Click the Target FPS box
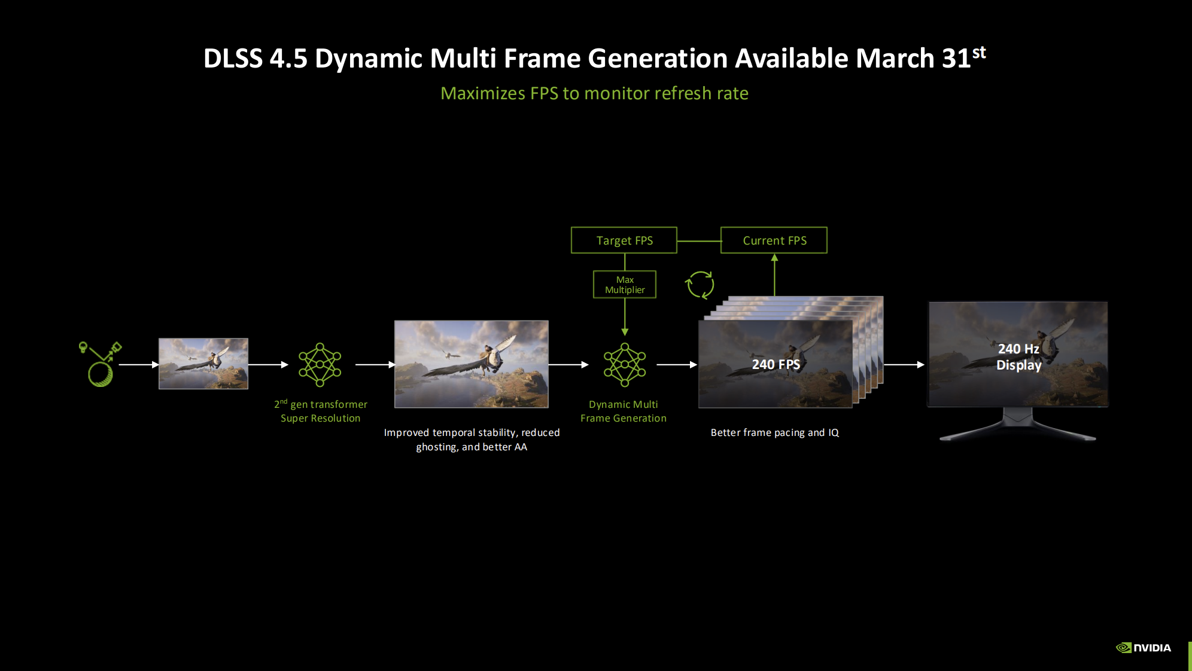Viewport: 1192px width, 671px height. click(624, 240)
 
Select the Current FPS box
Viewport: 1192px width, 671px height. click(774, 240)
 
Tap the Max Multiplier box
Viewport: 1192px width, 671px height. click(625, 285)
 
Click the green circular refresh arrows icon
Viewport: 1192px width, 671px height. click(700, 285)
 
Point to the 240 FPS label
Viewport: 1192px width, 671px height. click(776, 364)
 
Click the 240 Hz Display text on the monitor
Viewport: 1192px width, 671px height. click(1018, 357)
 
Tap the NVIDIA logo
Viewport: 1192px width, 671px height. click(1144, 648)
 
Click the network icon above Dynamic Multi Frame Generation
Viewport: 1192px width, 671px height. click(625, 364)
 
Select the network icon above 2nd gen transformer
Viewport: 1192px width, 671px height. click(320, 364)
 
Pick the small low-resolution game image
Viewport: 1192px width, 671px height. click(203, 364)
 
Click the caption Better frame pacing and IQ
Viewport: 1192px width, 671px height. click(775, 432)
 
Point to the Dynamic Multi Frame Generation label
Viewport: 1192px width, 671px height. click(624, 411)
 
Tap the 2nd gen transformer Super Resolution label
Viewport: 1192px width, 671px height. click(321, 411)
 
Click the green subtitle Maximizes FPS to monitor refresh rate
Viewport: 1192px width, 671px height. click(594, 93)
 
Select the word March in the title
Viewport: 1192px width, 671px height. click(895, 59)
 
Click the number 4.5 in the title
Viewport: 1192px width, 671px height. click(288, 59)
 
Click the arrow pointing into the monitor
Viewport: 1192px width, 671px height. click(904, 364)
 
